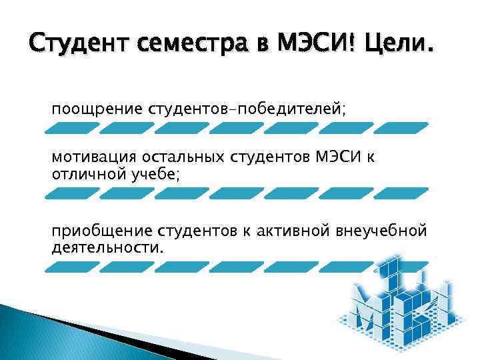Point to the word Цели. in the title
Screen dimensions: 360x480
tap(397, 47)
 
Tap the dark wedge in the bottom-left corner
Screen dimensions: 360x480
tap(67, 333)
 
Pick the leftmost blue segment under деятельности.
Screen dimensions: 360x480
tap(72, 267)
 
